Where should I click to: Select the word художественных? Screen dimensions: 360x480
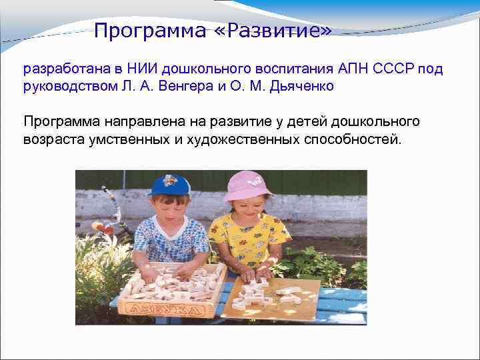[x=239, y=139]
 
